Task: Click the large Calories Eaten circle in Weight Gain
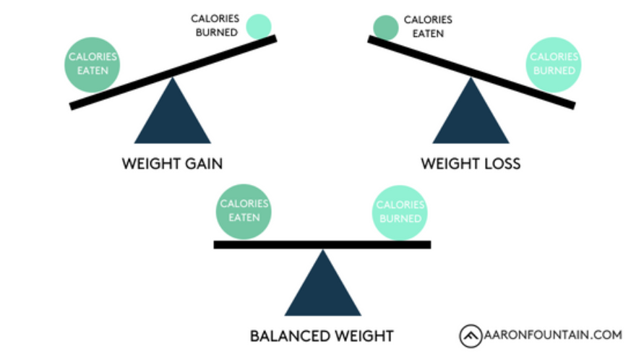[93, 64]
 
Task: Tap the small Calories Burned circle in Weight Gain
[258, 26]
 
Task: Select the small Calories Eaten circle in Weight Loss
[385, 27]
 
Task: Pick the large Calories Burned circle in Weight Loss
[553, 64]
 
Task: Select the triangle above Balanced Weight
[322, 285]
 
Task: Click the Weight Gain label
[172, 163]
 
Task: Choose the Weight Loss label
[471, 163]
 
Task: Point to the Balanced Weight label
[322, 336]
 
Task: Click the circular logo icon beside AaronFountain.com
[471, 335]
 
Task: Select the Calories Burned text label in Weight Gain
[215, 25]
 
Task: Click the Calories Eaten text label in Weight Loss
[428, 26]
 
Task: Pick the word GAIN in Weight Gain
[202, 163]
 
